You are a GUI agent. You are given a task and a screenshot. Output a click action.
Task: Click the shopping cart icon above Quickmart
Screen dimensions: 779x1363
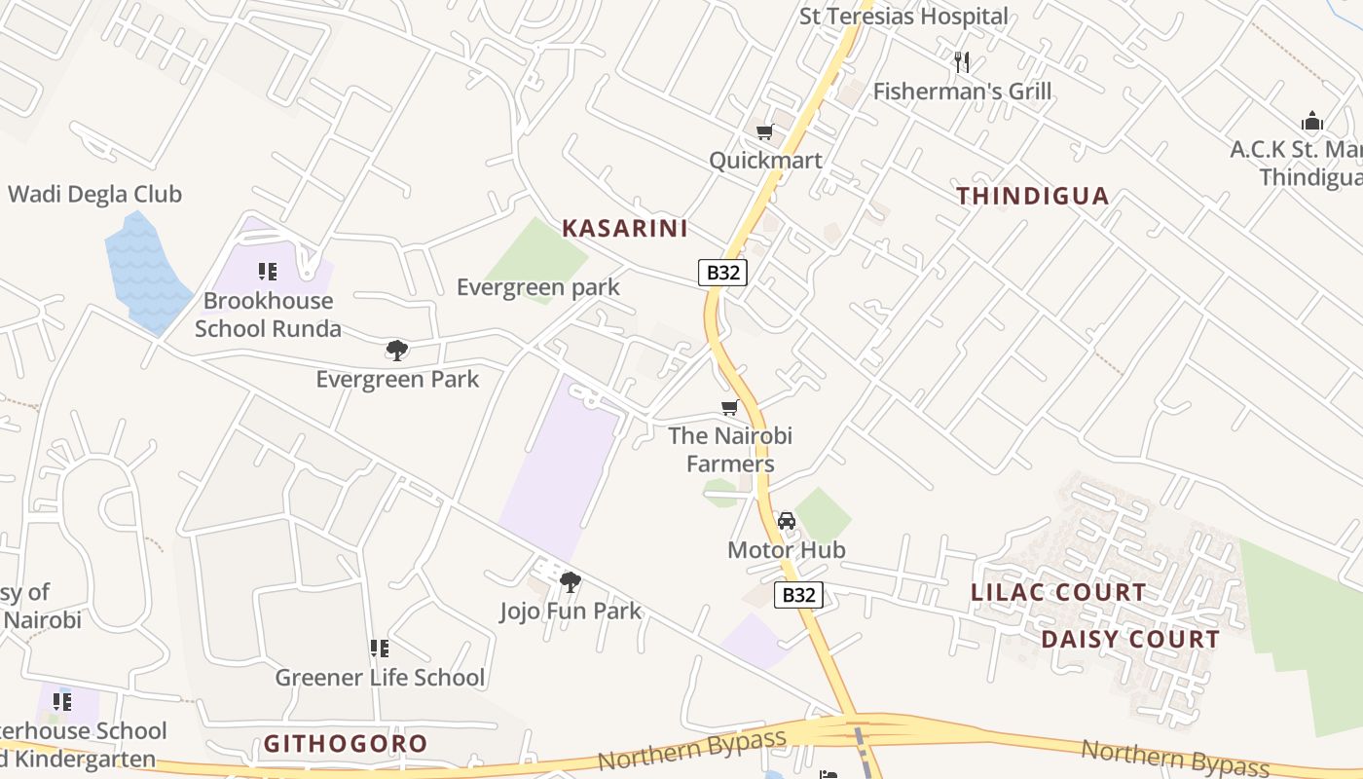[765, 131]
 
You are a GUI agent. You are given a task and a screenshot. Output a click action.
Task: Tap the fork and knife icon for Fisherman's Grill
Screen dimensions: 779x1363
[962, 63]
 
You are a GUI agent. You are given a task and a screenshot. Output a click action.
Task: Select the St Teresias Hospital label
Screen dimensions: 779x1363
[903, 17]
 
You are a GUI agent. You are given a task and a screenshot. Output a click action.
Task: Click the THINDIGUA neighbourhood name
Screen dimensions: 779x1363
[1032, 196]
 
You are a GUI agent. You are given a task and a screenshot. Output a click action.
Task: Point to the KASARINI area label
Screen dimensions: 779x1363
[625, 229]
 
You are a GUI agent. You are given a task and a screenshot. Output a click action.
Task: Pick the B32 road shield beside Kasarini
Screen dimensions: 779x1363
[722, 273]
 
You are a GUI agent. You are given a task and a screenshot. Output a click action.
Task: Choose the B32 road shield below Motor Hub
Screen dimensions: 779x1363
[798, 595]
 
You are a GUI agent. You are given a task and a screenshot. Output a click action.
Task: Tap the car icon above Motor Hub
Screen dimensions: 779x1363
[787, 521]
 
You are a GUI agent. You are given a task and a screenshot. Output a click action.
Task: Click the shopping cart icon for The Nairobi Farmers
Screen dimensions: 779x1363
[729, 408]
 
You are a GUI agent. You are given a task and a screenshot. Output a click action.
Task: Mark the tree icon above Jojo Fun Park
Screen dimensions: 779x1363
[571, 582]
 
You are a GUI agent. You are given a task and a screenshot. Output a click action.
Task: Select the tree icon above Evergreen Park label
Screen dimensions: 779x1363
[396, 351]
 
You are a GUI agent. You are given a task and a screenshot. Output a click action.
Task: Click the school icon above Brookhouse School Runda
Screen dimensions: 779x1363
[268, 272]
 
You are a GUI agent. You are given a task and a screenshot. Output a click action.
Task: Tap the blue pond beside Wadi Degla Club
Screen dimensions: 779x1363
[147, 272]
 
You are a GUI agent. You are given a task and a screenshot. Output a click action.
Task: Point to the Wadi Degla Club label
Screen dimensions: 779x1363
[94, 194]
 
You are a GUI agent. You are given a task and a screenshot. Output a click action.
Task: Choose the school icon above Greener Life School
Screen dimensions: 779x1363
[380, 649]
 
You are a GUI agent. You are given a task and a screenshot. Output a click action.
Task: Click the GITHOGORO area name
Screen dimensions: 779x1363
[346, 744]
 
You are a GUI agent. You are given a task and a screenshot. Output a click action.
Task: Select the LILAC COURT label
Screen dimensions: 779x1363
[1058, 592]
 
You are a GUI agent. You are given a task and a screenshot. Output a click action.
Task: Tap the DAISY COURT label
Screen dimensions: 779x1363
[1130, 640]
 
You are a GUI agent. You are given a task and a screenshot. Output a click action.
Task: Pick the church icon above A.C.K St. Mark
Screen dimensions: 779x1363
[1312, 123]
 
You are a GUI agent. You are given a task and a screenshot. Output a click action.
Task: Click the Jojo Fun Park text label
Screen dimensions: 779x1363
[571, 612]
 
